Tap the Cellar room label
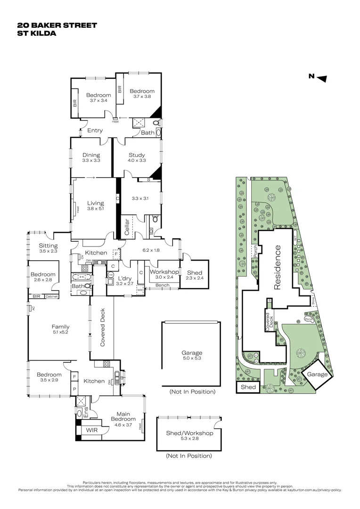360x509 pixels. [126, 225]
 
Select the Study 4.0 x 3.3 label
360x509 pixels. [137, 157]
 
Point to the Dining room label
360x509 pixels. [91, 157]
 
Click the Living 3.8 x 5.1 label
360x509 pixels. [95, 206]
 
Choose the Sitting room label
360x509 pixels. [48, 248]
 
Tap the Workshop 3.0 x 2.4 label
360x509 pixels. [164, 274]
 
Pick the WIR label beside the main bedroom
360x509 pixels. [91, 430]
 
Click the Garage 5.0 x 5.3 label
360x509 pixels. [192, 355]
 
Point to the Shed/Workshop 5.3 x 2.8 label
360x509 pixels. [189, 436]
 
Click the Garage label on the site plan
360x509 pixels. [317, 374]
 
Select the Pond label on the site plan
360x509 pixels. [309, 319]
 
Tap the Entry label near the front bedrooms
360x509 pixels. [95, 131]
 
